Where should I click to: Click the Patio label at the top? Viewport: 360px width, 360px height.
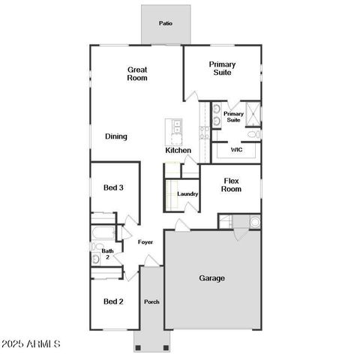point(165,23)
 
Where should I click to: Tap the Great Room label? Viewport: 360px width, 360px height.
point(136,73)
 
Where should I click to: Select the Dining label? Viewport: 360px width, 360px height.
point(115,136)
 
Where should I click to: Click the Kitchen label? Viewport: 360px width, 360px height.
point(178,151)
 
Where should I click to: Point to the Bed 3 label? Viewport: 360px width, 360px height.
point(113,187)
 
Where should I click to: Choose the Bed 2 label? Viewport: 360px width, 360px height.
point(113,301)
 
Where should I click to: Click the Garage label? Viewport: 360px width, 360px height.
point(211,278)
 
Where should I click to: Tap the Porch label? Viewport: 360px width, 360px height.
point(151,302)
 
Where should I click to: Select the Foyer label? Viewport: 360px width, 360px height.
point(145,242)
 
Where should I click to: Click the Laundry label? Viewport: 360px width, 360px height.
point(187,194)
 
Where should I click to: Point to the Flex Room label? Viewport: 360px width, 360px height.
point(231,184)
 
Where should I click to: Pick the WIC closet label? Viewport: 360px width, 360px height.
point(236,150)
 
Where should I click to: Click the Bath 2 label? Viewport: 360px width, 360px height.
point(108,254)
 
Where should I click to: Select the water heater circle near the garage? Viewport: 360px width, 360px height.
point(254,222)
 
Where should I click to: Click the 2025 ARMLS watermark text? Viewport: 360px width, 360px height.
point(31,343)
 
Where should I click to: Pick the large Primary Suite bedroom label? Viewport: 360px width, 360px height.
point(222,69)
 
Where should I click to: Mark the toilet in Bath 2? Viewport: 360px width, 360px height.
point(96,259)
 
